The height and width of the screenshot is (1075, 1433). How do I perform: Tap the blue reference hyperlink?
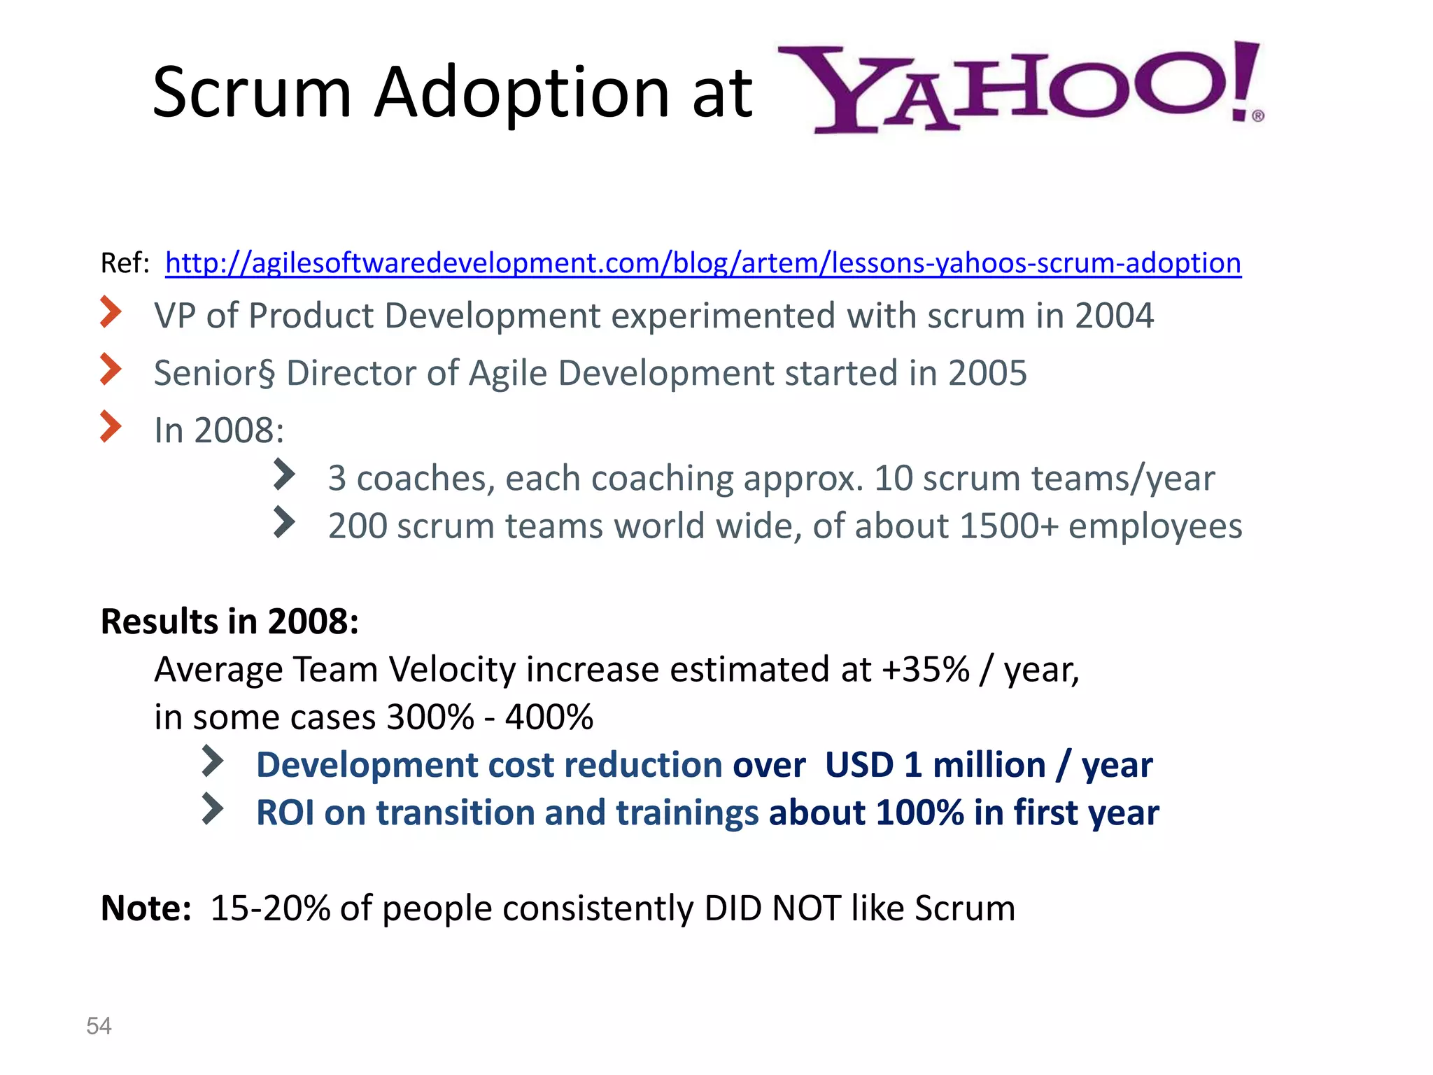[703, 263]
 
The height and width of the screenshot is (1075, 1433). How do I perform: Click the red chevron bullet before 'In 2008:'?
[111, 426]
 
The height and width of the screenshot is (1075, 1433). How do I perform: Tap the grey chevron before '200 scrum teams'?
[283, 522]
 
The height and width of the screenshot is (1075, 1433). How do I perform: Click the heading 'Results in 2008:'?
[230, 621]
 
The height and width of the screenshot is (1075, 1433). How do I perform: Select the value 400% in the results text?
[549, 717]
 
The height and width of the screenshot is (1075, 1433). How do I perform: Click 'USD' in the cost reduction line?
[859, 765]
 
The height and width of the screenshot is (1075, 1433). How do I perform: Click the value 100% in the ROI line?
[919, 813]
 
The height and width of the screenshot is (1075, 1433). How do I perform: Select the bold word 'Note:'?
[146, 908]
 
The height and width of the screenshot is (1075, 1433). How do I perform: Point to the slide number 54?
[99, 1026]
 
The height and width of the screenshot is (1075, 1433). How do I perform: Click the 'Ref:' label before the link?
[125, 264]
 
